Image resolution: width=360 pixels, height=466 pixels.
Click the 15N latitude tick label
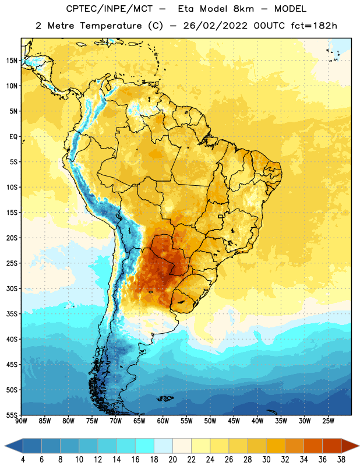(x=12, y=61)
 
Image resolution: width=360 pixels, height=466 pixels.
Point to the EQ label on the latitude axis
(x=13, y=137)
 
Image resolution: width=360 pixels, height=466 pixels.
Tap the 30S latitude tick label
(x=12, y=288)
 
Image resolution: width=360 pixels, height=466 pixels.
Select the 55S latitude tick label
(x=12, y=415)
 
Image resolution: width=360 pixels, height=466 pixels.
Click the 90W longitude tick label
(x=21, y=421)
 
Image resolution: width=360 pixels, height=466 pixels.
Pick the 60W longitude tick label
(x=163, y=421)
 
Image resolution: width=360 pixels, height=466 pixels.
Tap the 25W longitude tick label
(x=328, y=421)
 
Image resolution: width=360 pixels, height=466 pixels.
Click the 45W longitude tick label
(x=234, y=421)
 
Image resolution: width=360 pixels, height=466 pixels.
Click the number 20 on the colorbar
(x=172, y=460)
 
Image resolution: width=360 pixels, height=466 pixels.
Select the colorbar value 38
(x=341, y=460)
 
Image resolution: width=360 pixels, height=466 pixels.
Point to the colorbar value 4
(x=23, y=460)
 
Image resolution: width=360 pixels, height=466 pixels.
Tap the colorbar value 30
(x=266, y=460)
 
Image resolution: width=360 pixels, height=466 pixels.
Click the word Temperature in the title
(x=111, y=26)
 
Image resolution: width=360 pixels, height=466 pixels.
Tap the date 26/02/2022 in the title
(x=215, y=26)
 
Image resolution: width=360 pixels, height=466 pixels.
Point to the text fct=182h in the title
(x=314, y=26)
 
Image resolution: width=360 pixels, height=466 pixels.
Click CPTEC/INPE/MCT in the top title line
(x=109, y=9)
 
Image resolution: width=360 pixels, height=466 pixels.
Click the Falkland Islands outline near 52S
(x=165, y=398)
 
